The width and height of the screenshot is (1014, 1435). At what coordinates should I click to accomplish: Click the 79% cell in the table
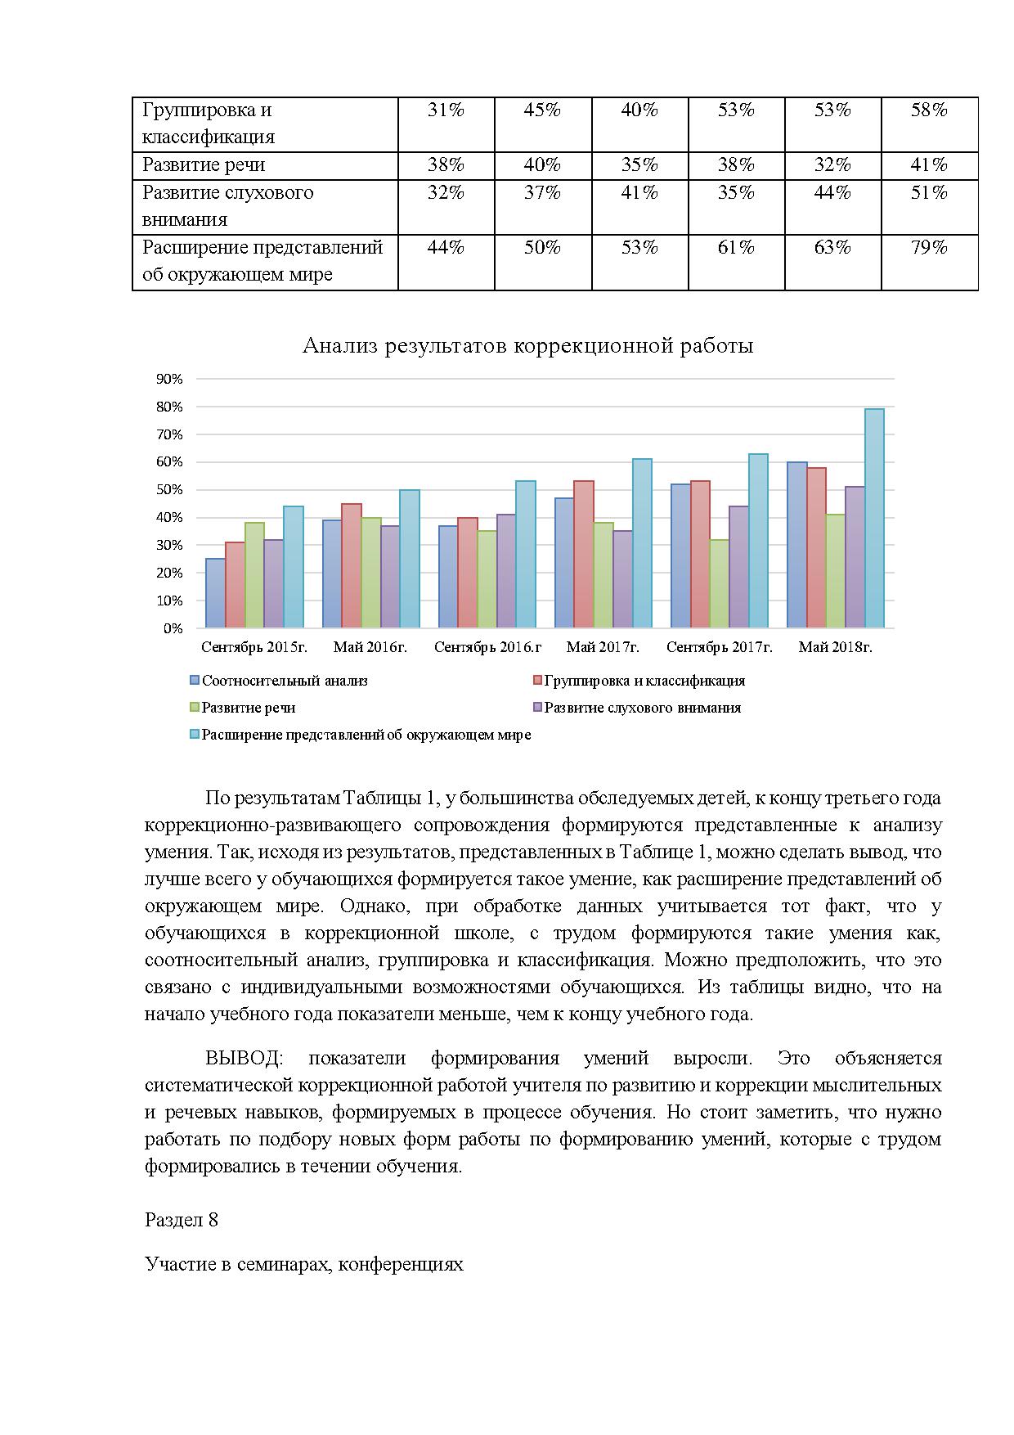tap(929, 248)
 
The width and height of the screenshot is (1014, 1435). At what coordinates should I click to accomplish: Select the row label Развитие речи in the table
tap(204, 165)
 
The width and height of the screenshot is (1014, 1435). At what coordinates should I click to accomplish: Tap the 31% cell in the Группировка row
tap(446, 110)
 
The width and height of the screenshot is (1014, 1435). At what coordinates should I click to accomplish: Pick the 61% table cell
tap(736, 248)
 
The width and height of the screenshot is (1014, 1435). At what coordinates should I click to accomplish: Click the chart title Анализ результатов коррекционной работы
tap(527, 346)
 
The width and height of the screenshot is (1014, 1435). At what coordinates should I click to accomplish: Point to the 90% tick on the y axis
tap(169, 379)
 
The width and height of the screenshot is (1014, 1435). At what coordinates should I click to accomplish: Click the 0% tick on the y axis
tap(173, 628)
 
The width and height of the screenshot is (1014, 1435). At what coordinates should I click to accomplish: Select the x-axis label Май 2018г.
tap(835, 647)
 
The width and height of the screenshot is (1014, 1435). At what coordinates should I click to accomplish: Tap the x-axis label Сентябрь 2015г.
tap(254, 647)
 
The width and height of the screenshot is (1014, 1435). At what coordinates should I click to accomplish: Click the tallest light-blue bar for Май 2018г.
tap(874, 519)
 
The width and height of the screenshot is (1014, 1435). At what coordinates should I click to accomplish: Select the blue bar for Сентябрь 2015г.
tap(215, 593)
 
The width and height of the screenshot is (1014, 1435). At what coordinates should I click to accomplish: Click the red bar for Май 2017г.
tap(584, 555)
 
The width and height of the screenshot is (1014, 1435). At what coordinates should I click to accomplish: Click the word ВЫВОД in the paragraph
tap(243, 1058)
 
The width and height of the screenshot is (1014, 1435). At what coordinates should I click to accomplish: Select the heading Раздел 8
tap(182, 1220)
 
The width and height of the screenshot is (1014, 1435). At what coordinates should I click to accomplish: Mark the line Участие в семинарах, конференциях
tap(304, 1264)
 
